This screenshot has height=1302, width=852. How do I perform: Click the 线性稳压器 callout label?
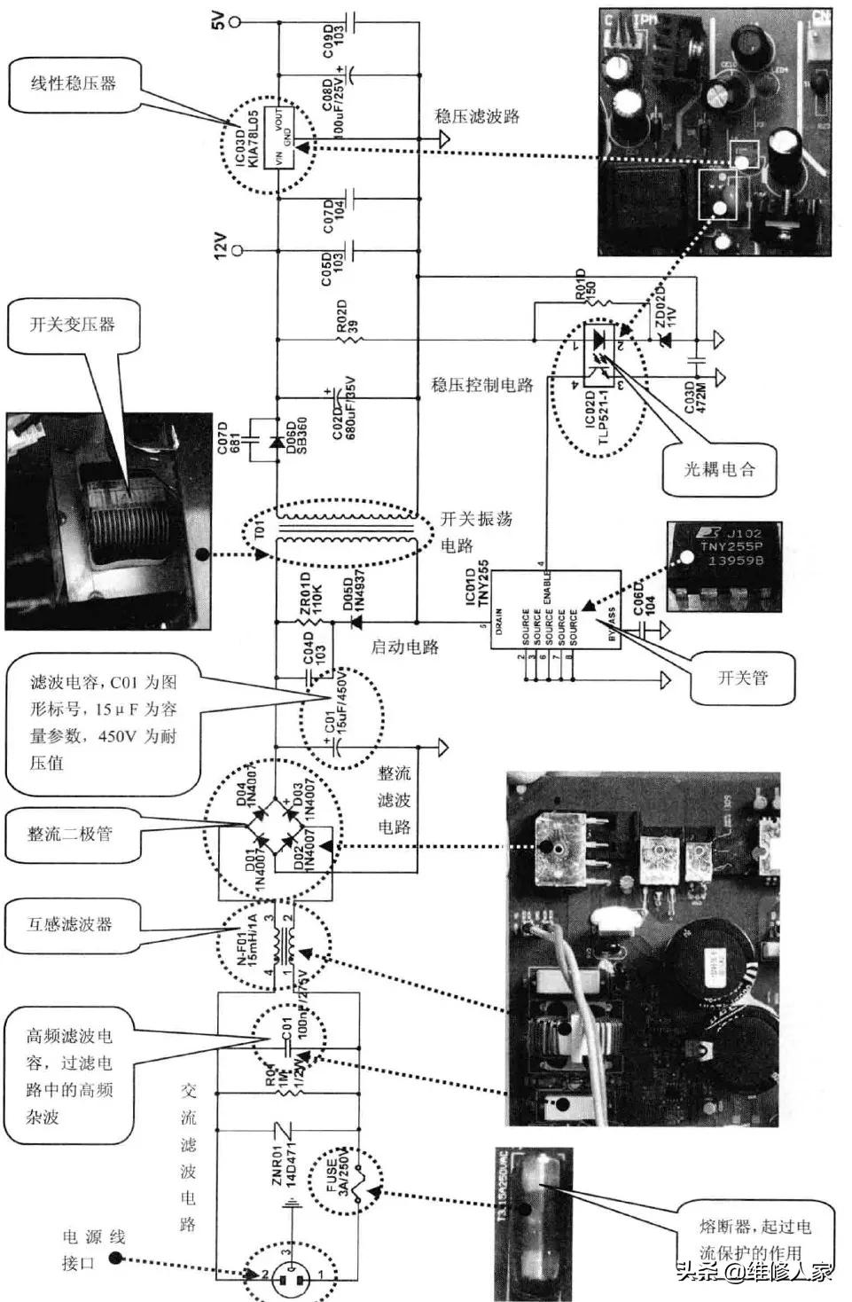(x=74, y=84)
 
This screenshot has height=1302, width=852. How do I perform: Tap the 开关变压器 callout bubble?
(x=73, y=325)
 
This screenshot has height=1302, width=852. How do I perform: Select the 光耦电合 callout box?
(x=719, y=469)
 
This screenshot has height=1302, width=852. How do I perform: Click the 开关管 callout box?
(x=743, y=678)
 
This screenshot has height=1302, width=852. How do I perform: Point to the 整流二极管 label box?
(x=70, y=835)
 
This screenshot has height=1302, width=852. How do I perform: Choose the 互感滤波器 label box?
(x=70, y=924)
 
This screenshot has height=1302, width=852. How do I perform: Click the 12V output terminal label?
(x=221, y=247)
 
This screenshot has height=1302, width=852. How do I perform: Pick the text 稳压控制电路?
(x=482, y=385)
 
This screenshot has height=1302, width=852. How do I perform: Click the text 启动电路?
(x=405, y=647)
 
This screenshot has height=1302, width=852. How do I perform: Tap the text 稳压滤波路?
(x=476, y=116)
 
